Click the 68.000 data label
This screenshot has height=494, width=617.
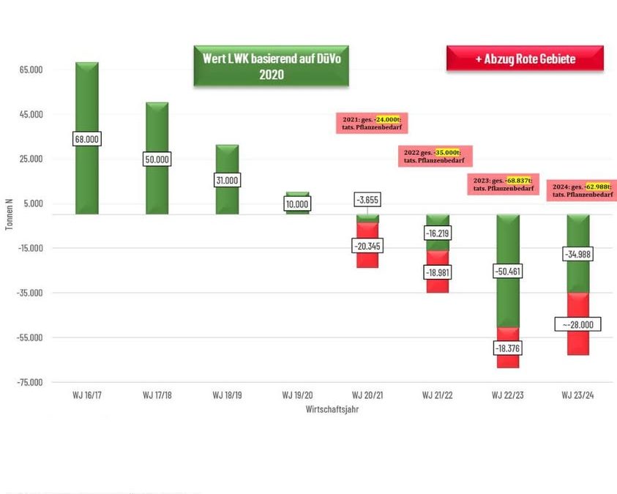coord(87,138)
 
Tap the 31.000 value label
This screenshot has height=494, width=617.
coord(227,180)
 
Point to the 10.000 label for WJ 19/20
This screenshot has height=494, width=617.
coord(297,203)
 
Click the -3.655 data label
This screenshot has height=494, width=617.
coord(367,199)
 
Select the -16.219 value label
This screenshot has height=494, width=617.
coord(437,233)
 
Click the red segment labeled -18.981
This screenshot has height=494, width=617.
coord(437,282)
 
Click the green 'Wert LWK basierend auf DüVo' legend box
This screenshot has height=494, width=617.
coord(271,67)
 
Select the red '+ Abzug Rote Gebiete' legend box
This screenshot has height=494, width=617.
coord(525,59)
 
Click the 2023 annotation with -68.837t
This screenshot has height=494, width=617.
coord(502,184)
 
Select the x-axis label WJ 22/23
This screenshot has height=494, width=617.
coord(506,395)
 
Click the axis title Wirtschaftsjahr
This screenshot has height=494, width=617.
coord(332,410)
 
